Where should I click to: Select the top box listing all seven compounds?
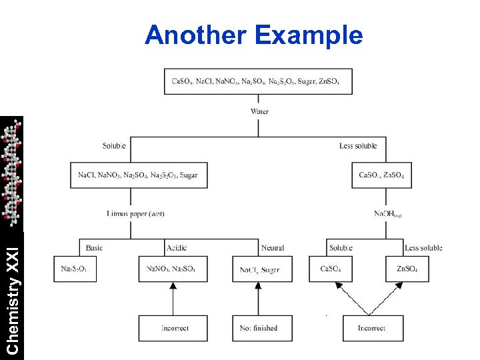point(258,81)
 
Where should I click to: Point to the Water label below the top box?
point(259,111)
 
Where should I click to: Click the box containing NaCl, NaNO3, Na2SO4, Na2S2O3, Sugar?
point(137,175)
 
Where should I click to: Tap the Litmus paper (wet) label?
point(135,213)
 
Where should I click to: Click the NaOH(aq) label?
point(387,214)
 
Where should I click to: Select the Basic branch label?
point(95,248)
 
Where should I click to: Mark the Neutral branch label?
point(272,248)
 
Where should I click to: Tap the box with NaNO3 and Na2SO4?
point(173,269)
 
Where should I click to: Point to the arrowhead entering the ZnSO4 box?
point(399,285)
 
